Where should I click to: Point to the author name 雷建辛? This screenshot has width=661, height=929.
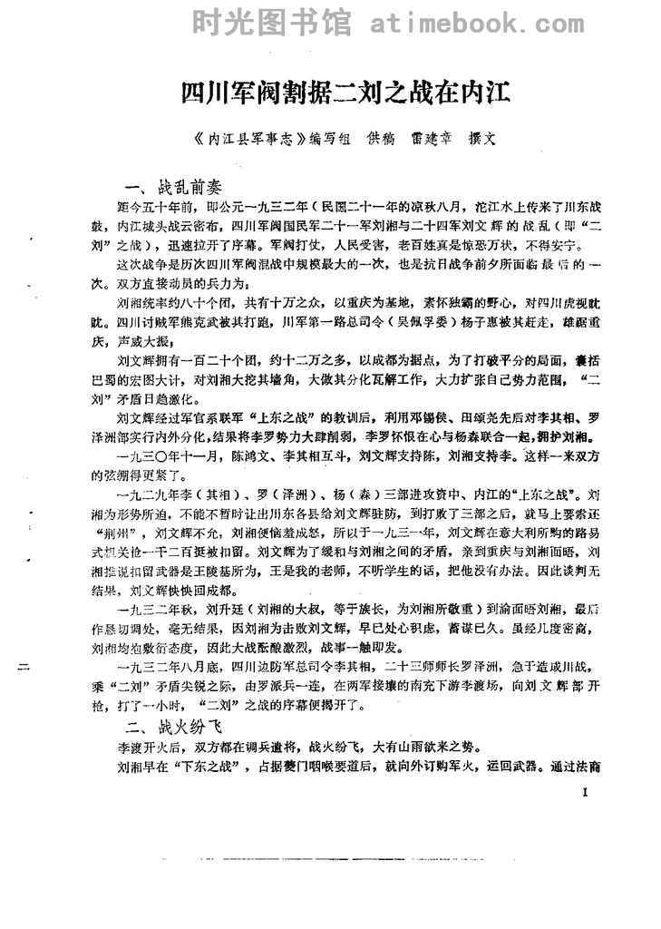[x=424, y=141]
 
